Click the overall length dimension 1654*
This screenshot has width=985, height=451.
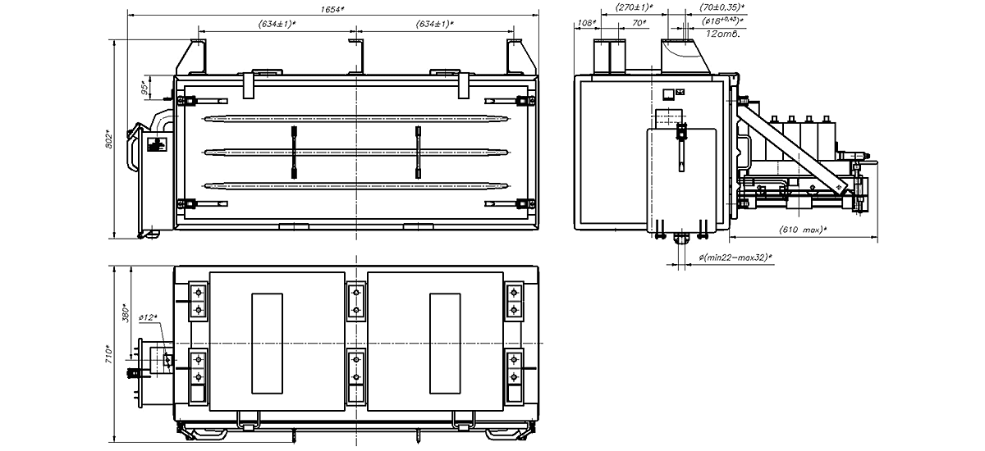coord(332,9)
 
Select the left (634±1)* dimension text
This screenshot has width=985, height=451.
coord(277,24)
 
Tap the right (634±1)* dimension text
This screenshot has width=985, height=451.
coord(435,24)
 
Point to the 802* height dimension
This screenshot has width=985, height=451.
coord(109,139)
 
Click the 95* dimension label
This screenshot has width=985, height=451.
coord(144,88)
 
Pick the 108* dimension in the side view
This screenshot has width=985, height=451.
coord(587,23)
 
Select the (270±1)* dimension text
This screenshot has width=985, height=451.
coord(634,7)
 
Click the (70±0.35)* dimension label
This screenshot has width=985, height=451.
coord(722,7)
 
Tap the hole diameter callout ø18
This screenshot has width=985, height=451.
coord(722,20)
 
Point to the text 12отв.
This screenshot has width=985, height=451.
coord(723,34)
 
